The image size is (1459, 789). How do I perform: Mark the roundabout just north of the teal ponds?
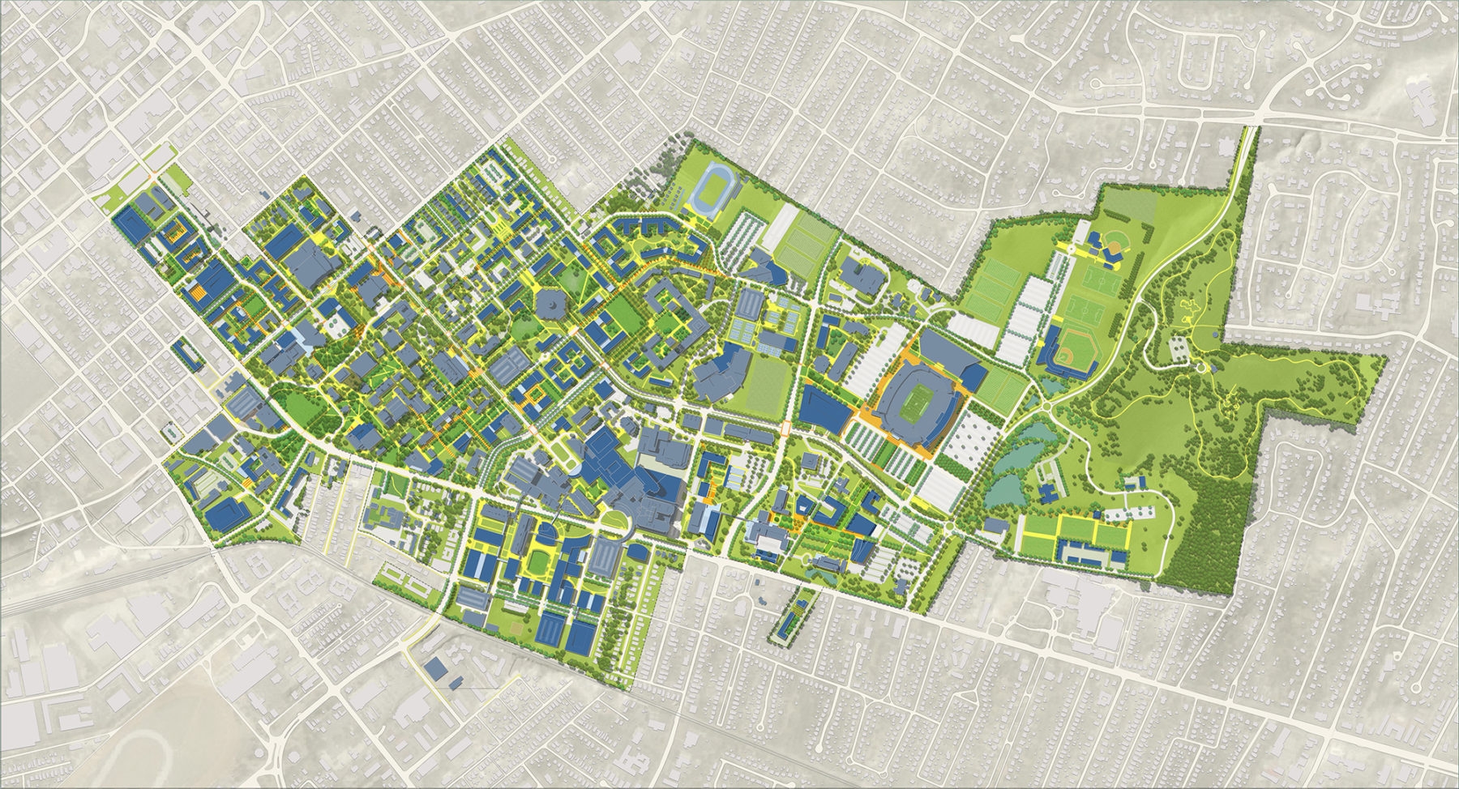tap(1048, 406)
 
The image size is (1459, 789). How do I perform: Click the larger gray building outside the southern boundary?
tap(436, 667)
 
